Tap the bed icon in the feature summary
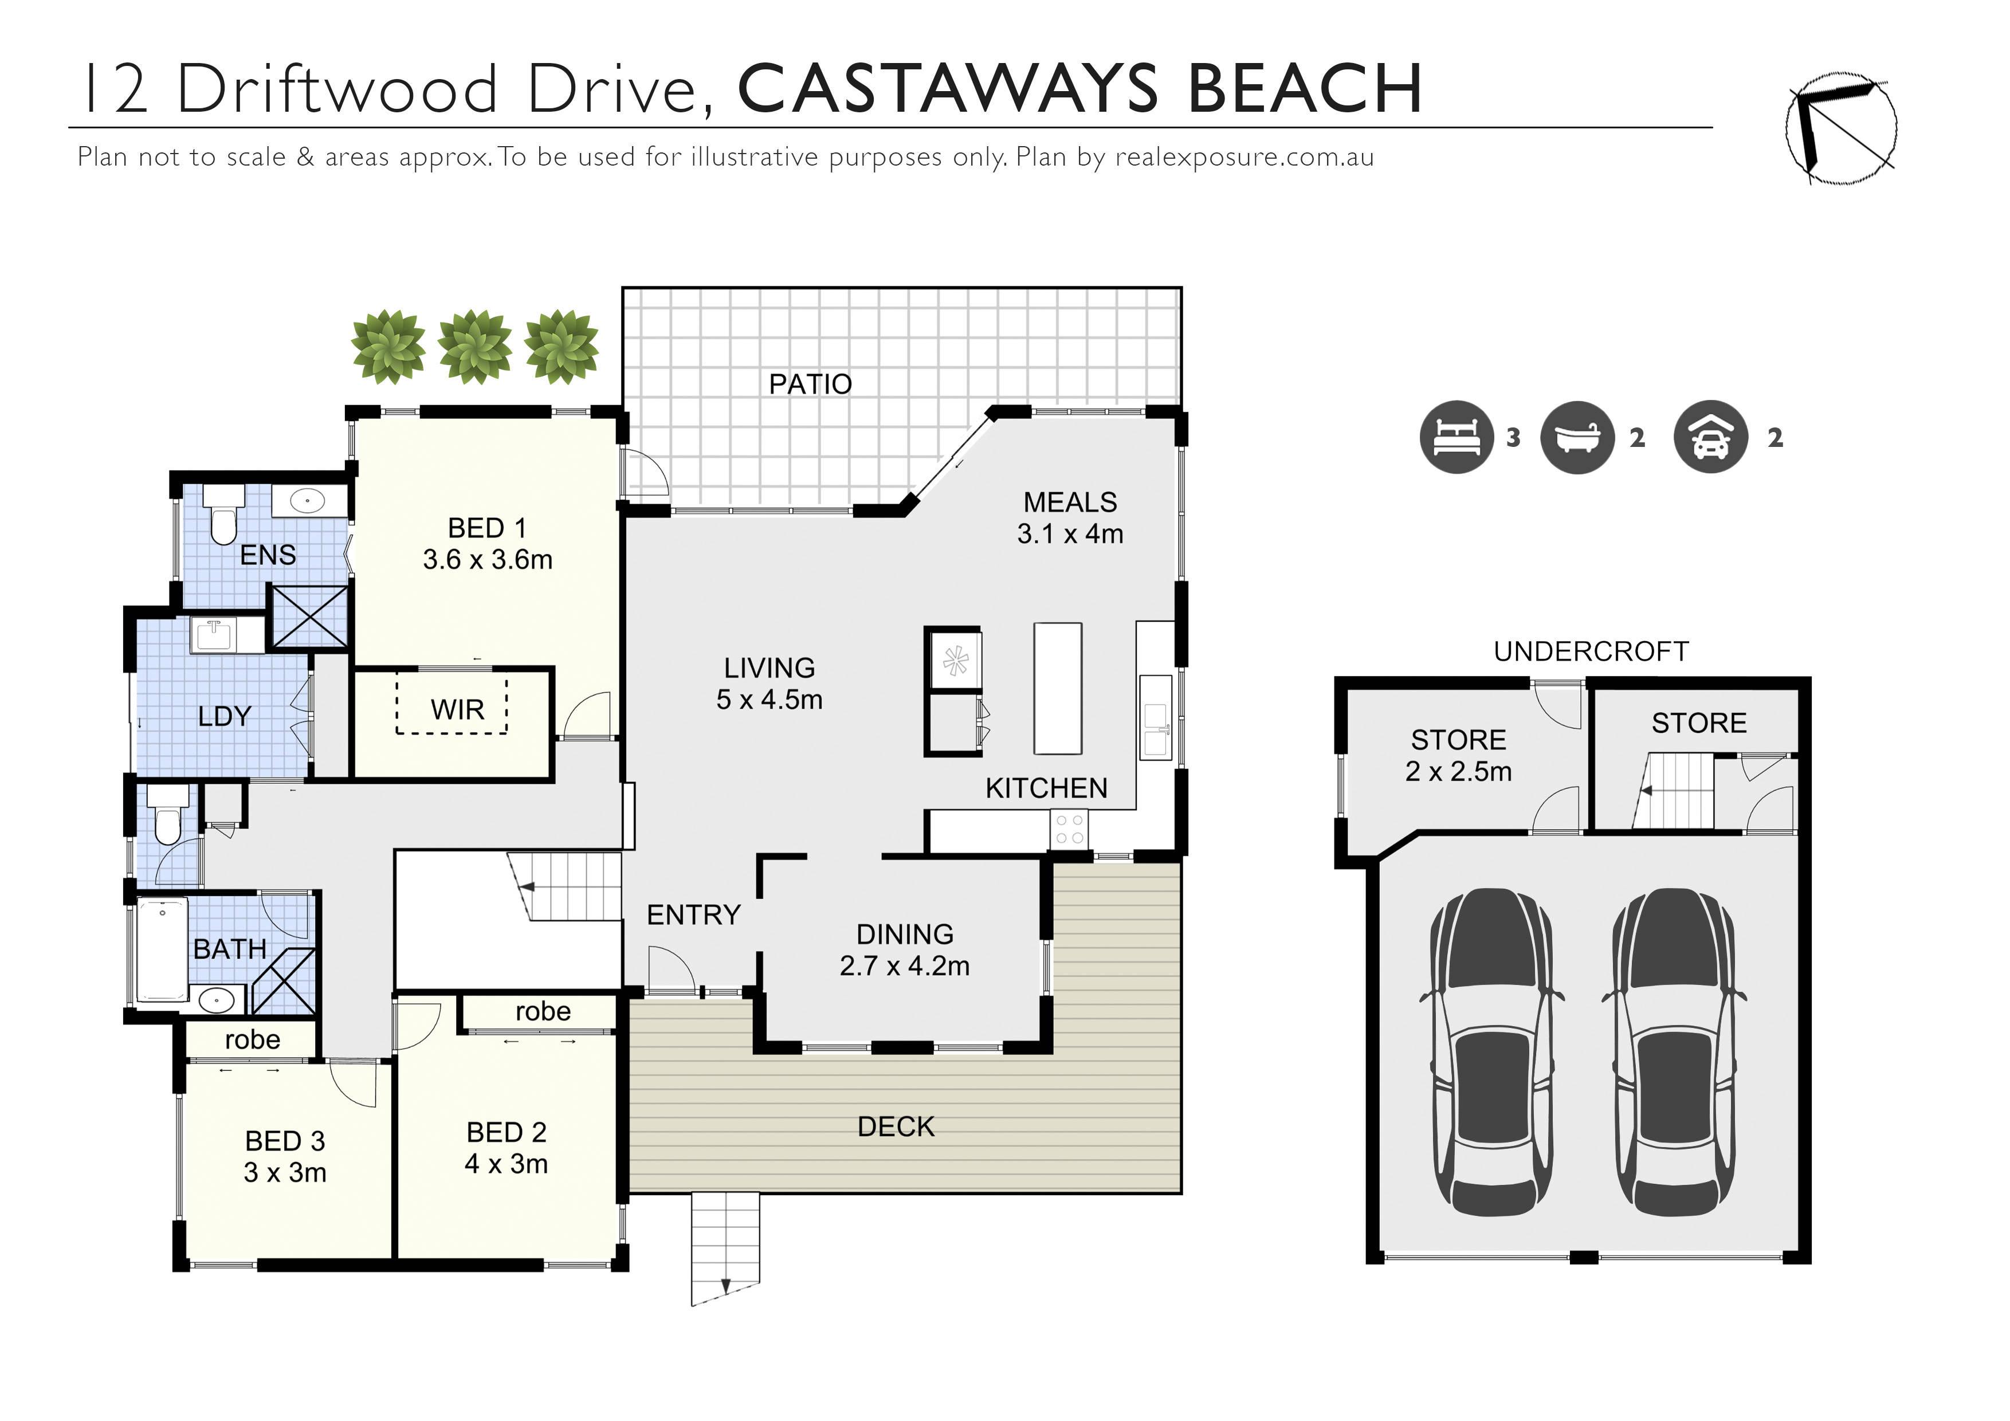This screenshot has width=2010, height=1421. [1456, 437]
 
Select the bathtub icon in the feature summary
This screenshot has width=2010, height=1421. [1577, 437]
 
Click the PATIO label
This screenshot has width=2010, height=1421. [810, 383]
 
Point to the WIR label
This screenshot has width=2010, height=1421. [457, 709]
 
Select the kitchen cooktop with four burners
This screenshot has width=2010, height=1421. [1069, 829]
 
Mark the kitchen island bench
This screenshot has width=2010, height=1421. [1058, 688]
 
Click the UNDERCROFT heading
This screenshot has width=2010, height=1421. [1591, 651]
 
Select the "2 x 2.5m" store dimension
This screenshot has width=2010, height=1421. [1458, 771]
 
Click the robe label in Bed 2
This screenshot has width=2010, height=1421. [543, 1011]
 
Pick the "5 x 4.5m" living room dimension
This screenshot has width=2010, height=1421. [770, 700]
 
